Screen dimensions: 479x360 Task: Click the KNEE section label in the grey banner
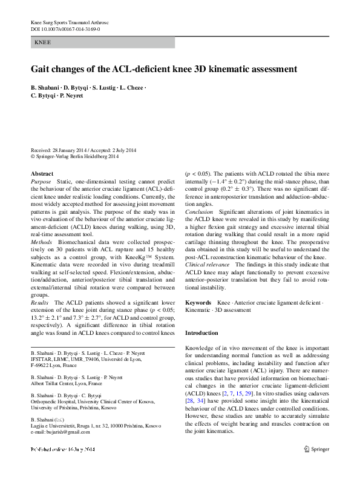(x=43, y=43)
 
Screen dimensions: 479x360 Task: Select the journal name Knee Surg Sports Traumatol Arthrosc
(x=73, y=22)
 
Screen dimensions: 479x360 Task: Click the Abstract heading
(x=42, y=174)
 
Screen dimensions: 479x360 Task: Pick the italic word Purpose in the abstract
(x=41, y=182)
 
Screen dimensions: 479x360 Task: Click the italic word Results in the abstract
(x=40, y=302)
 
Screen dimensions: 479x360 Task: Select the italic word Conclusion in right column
(x=199, y=213)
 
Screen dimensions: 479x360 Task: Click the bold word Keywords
(x=198, y=302)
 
